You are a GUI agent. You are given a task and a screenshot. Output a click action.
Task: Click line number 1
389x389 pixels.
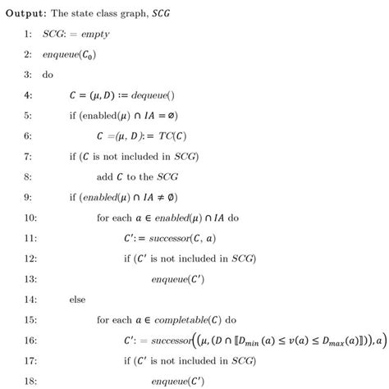(28, 34)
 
